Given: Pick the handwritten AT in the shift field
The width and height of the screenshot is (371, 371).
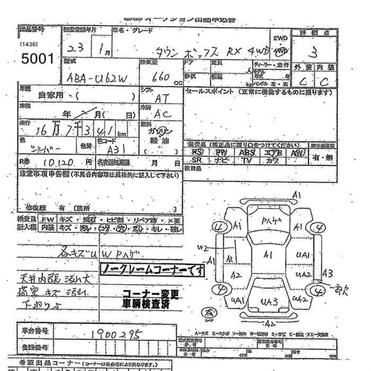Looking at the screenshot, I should click(x=161, y=99).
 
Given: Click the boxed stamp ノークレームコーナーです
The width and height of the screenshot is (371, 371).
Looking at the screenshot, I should click(x=153, y=270).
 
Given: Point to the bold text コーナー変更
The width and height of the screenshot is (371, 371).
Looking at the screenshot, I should click(x=152, y=293).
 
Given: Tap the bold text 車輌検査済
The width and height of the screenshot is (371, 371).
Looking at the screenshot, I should click(x=152, y=304).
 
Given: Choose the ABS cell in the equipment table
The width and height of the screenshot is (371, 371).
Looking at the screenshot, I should click(x=247, y=152).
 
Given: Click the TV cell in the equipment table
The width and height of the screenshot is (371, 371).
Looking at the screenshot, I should click(x=247, y=160).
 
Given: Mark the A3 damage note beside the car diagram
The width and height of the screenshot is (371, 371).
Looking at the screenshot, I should click(x=328, y=273).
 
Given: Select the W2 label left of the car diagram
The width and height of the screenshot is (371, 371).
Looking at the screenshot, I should click(x=202, y=248).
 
